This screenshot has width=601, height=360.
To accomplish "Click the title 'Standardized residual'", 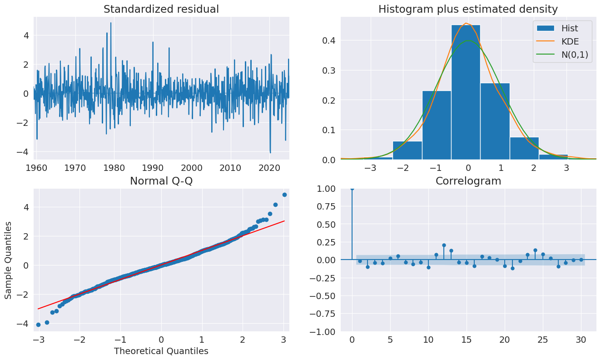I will tap(161, 9).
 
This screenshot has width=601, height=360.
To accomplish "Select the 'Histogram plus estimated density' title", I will tap(468, 9).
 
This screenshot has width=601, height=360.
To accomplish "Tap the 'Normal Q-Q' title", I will tap(161, 181).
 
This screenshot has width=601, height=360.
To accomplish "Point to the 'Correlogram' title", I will tap(468, 181).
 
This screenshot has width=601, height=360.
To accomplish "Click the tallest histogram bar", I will tap(466, 91).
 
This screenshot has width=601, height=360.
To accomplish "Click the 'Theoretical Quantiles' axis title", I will tap(161, 351).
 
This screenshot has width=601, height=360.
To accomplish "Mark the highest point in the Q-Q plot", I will tap(284, 195).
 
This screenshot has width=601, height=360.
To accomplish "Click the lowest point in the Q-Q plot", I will tap(38, 325).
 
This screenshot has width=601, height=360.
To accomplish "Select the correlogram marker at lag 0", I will tap(352, 188).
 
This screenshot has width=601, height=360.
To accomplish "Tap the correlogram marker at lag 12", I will tap(444, 245).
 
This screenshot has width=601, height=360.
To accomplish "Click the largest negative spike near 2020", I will tap(270, 152).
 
